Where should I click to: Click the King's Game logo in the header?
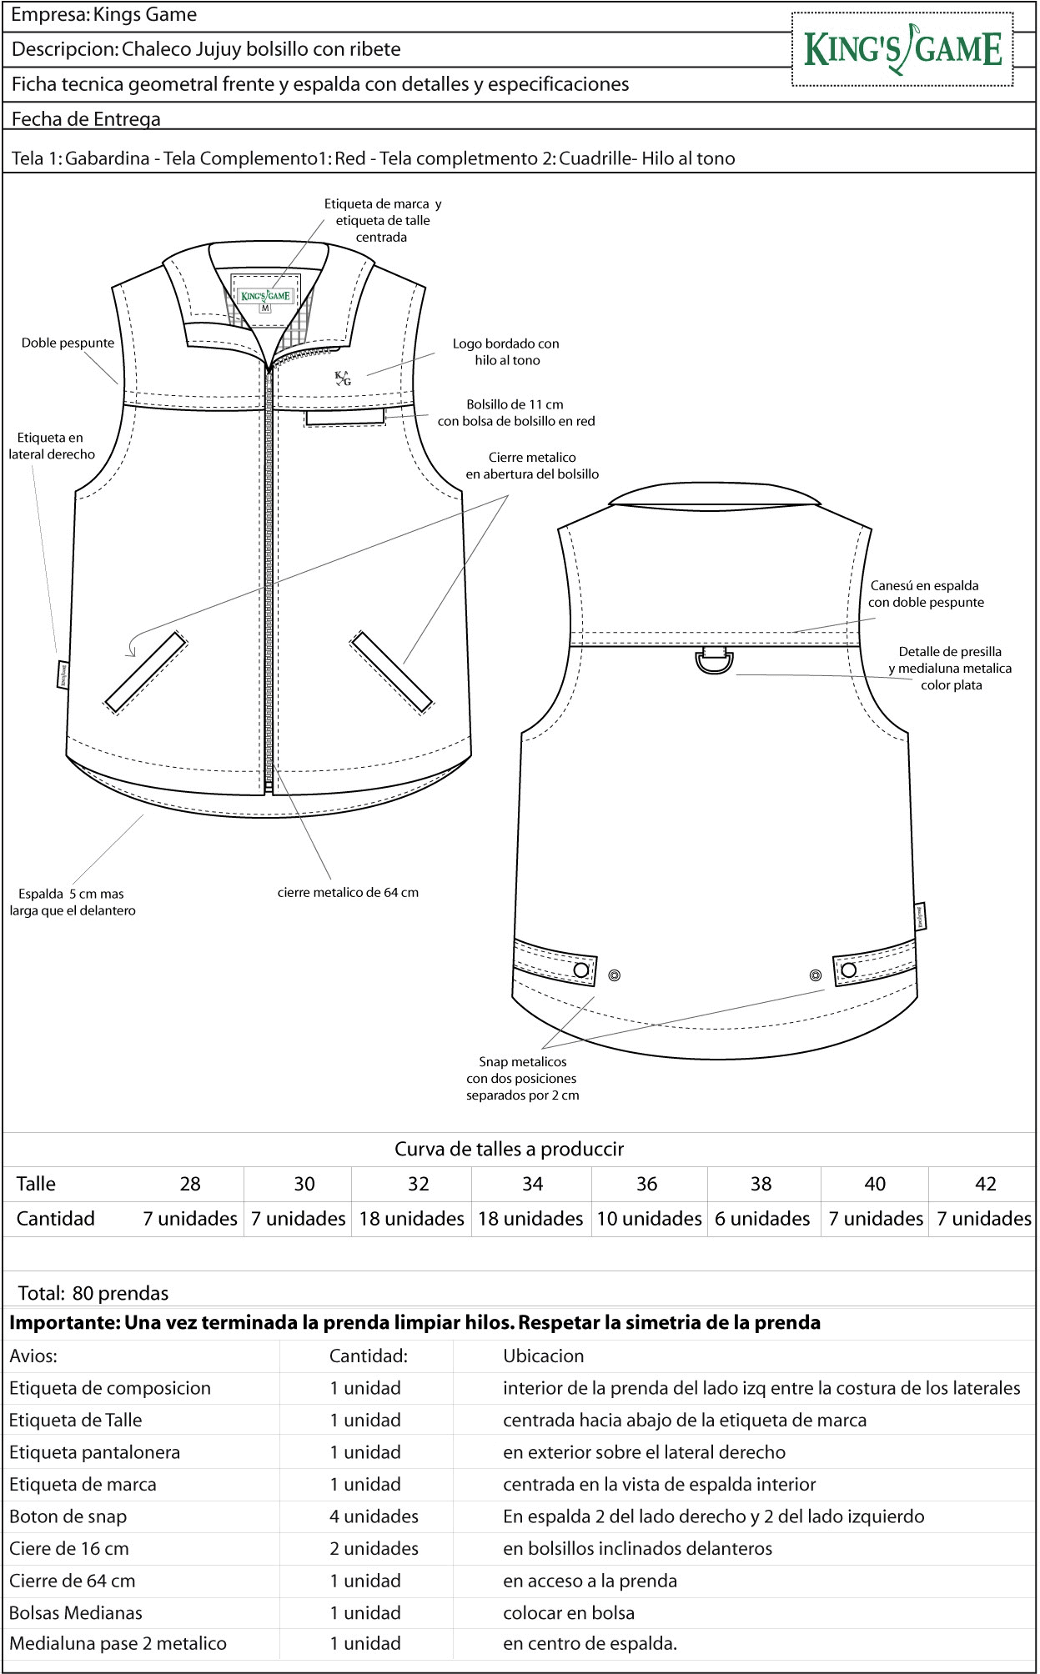902,49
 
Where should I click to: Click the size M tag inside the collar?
265,308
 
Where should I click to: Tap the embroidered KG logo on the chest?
343,378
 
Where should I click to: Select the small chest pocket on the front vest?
345,416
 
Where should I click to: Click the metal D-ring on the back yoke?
715,662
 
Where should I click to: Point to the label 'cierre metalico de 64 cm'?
348,893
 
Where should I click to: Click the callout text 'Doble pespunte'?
68,343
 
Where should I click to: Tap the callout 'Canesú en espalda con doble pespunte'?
926,594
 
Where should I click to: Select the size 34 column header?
532,1184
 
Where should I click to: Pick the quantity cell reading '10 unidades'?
649,1219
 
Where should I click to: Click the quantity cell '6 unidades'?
762,1219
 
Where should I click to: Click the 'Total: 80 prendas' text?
93,1293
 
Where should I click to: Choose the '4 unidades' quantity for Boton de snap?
374,1516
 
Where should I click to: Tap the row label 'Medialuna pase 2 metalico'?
118,1643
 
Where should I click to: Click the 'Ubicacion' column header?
543,1356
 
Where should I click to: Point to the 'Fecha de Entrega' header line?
86,118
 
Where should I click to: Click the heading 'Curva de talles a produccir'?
509,1149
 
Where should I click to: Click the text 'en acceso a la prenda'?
590,1581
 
